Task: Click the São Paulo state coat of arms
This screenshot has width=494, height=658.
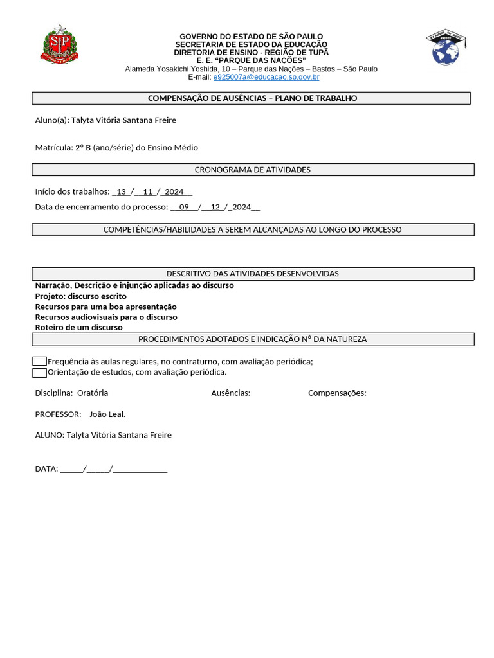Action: click(59, 44)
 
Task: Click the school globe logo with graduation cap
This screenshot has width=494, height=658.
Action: click(446, 47)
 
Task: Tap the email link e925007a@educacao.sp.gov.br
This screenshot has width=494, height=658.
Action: click(266, 77)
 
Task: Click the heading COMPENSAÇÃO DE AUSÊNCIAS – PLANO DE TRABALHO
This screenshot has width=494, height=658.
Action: click(252, 98)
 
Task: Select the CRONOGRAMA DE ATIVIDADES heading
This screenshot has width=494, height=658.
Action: click(252, 170)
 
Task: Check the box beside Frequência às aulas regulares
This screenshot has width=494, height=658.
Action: click(39, 362)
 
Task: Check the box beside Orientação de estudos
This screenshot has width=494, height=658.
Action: click(39, 373)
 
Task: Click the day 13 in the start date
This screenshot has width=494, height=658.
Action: click(122, 191)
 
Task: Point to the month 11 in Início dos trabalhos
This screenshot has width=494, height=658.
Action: click(148, 191)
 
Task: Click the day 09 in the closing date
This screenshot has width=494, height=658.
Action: click(185, 207)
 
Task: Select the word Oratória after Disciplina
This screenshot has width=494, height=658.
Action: click(93, 393)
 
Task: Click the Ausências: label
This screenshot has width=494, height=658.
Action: click(230, 393)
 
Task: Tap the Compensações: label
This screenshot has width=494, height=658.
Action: click(337, 393)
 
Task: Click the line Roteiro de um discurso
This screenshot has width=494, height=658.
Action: click(78, 328)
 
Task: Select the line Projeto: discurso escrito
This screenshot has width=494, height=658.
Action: click(80, 296)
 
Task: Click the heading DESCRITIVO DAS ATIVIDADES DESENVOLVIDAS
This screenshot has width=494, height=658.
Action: click(252, 274)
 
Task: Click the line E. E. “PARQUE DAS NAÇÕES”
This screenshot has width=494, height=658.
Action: click(251, 60)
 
